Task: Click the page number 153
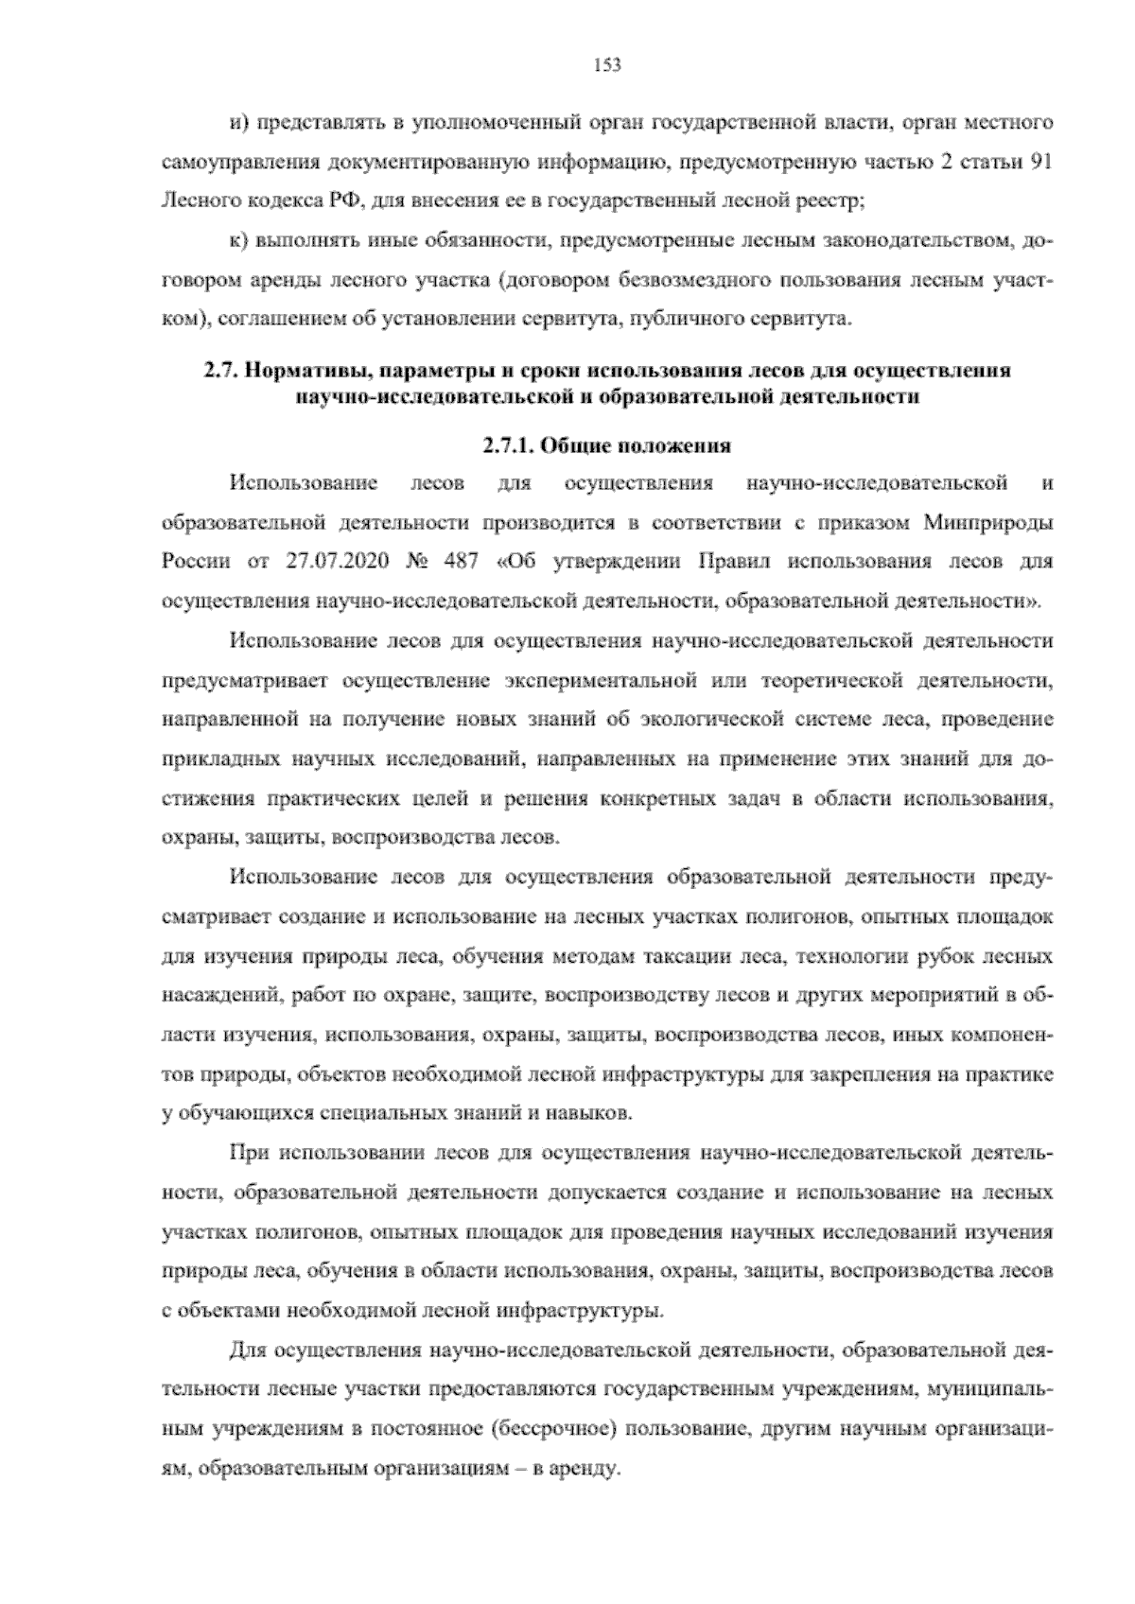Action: [x=606, y=64]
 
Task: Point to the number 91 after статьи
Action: [x=1039, y=162]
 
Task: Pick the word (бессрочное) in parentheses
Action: [x=555, y=1432]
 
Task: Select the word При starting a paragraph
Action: [x=247, y=1154]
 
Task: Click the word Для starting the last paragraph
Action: [x=249, y=1352]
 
